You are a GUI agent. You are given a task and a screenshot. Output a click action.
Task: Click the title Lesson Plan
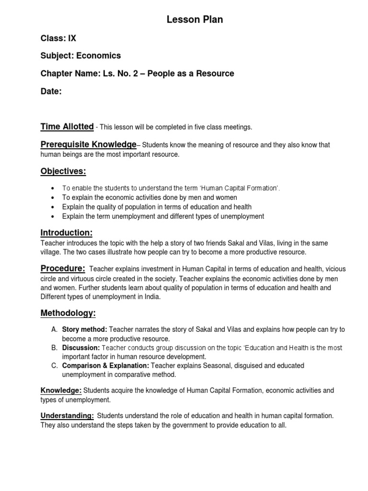coord(195,20)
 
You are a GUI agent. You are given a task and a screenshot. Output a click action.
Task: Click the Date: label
coord(51,91)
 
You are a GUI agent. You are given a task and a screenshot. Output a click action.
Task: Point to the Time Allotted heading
coord(67,127)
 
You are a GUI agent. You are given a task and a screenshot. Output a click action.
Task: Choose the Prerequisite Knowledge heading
coord(88,144)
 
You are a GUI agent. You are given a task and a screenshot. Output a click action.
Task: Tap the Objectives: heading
coord(63,171)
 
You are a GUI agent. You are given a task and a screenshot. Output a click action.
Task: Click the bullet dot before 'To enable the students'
coord(52,188)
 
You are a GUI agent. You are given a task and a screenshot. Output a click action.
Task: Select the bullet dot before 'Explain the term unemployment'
coord(52,216)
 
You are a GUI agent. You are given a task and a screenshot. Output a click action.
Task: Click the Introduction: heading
coord(66,233)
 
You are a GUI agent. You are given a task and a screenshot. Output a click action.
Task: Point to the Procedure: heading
coord(63,268)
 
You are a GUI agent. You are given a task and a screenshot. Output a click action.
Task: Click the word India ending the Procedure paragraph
coord(151,297)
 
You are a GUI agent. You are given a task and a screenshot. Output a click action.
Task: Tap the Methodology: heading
coord(68,313)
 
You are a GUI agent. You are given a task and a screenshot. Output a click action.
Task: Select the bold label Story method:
coord(85,329)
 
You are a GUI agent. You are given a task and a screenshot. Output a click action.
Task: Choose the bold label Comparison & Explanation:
coord(105,365)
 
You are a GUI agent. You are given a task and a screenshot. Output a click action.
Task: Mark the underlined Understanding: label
coord(67,415)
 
